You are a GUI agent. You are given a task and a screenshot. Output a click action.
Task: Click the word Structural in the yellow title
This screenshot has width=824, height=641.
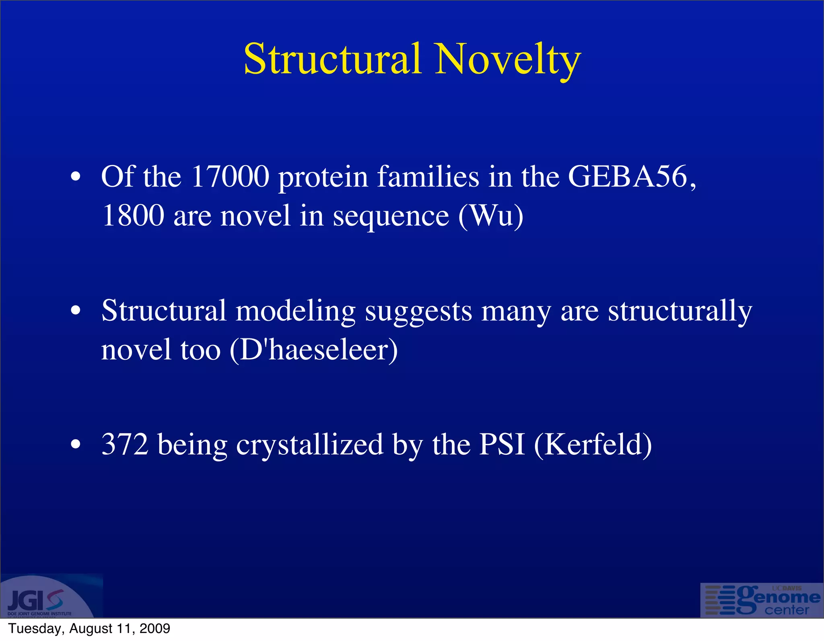tap(333, 60)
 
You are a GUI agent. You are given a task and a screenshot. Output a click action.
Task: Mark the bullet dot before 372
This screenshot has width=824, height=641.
tap(76, 445)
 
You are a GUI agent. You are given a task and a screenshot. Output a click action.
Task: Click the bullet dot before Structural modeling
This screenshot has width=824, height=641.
tap(76, 311)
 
